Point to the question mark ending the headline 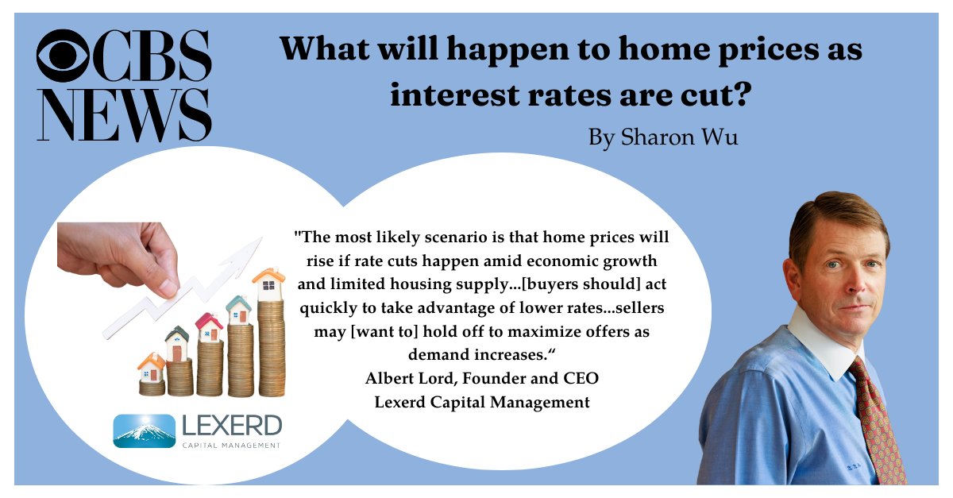tap(742, 96)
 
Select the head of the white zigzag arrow tap(254, 246)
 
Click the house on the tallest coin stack tap(269, 281)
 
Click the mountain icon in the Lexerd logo tap(144, 431)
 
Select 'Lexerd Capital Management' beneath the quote tap(482, 402)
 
